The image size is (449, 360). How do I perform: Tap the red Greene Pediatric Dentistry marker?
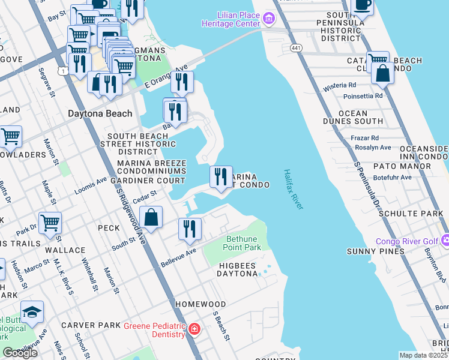tap(193, 329)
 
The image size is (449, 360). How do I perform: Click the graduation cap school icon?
tap(32, 312)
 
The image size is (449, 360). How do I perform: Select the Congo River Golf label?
tap(406, 242)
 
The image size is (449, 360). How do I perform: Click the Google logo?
tap(20, 352)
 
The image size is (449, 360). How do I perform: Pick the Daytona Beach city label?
tap(100, 113)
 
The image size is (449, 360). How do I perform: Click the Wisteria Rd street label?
tap(340, 86)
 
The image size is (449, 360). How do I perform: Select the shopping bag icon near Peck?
tap(151, 217)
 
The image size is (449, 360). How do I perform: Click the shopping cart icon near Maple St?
tap(50, 223)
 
